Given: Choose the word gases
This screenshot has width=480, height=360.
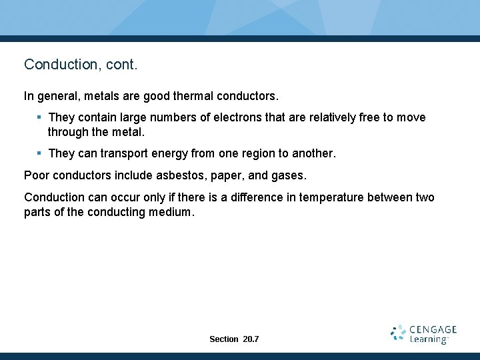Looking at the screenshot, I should tap(287, 176).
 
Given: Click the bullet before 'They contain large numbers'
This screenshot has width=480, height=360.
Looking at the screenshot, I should tap(39, 117).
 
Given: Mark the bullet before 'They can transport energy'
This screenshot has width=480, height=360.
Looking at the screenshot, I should tap(39, 153).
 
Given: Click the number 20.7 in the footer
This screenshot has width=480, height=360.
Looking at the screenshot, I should tap(251, 339).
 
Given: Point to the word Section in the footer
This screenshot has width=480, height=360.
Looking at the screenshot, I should tap(224, 339).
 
